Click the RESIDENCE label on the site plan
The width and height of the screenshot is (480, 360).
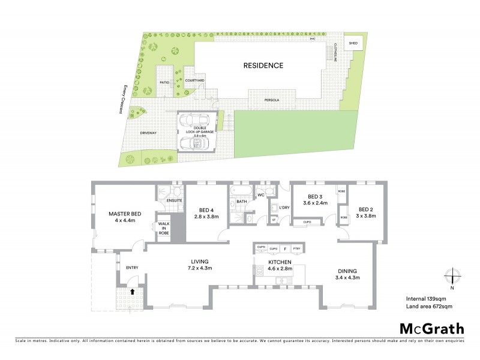tap(263, 65)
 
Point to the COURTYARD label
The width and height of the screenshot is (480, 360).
tap(195, 80)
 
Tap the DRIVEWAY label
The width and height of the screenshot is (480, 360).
tap(148, 133)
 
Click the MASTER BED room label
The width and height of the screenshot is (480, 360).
tap(125, 214)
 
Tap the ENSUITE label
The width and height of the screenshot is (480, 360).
tap(175, 201)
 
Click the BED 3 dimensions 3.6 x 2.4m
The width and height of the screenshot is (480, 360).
tap(315, 203)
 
